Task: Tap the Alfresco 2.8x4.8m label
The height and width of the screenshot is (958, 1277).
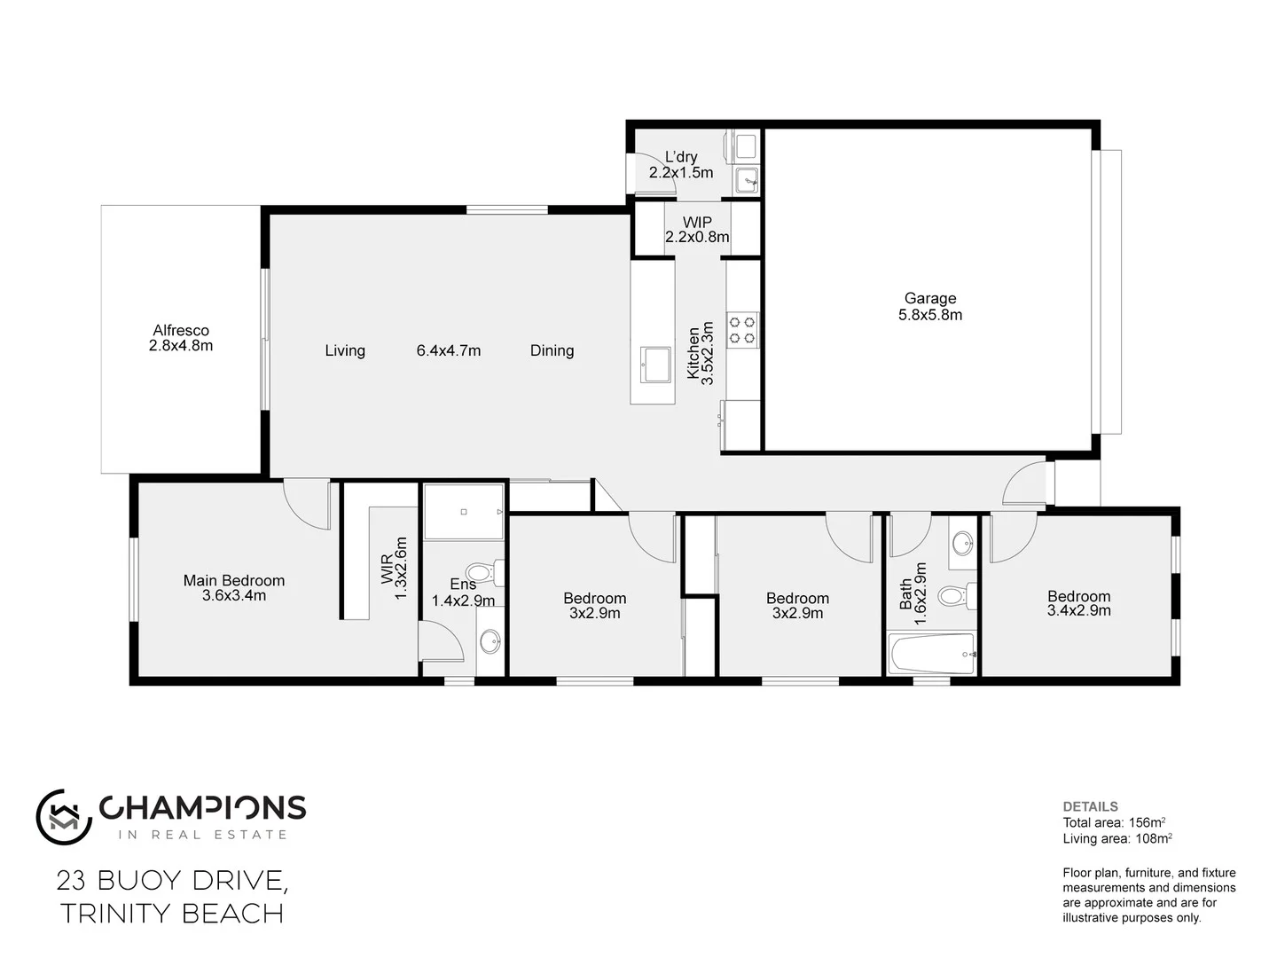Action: pos(180,338)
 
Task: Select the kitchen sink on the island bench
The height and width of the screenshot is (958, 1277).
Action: pos(656,364)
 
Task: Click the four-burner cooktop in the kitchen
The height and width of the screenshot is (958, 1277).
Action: pos(742,329)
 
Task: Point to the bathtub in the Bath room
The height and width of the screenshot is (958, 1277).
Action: pos(932,654)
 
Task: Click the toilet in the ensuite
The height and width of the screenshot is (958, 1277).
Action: pos(484,572)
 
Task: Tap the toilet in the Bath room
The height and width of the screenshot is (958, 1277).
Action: pos(955,594)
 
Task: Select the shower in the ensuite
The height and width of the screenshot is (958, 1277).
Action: pos(464,512)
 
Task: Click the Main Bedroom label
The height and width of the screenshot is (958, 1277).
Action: pos(234,587)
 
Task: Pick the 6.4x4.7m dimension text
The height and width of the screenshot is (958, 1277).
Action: pos(449,350)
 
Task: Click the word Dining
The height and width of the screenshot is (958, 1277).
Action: pos(552,350)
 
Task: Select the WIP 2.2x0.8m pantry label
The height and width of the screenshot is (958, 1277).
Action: pos(697,230)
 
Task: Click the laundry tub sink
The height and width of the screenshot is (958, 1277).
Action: pos(747,181)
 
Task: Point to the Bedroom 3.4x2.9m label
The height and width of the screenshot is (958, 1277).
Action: pos(1078,603)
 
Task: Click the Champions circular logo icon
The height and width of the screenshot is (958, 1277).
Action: pos(64,816)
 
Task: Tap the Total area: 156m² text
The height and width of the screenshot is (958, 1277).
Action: pos(1114,822)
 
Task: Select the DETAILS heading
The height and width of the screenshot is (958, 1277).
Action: pos(1090,806)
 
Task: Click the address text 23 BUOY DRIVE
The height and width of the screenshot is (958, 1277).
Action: pos(172,880)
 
